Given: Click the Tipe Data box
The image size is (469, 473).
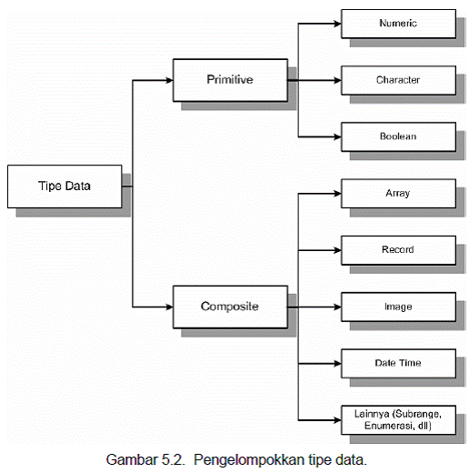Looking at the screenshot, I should (x=64, y=186).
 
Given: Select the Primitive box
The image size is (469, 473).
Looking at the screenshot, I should (x=228, y=80).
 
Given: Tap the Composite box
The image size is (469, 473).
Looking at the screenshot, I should (x=228, y=307).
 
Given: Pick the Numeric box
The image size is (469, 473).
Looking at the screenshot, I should (x=397, y=23).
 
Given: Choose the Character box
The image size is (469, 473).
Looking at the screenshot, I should (x=397, y=80).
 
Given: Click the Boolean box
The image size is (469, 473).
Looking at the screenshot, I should (x=397, y=136).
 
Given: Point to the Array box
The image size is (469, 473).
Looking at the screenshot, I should (x=397, y=193).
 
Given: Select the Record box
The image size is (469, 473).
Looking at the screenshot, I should (x=397, y=249).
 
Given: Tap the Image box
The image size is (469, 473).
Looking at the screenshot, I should (x=397, y=307).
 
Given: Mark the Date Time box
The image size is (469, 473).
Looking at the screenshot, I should (x=397, y=363).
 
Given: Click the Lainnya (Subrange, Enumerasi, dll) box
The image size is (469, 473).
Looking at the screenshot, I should (x=397, y=418).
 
